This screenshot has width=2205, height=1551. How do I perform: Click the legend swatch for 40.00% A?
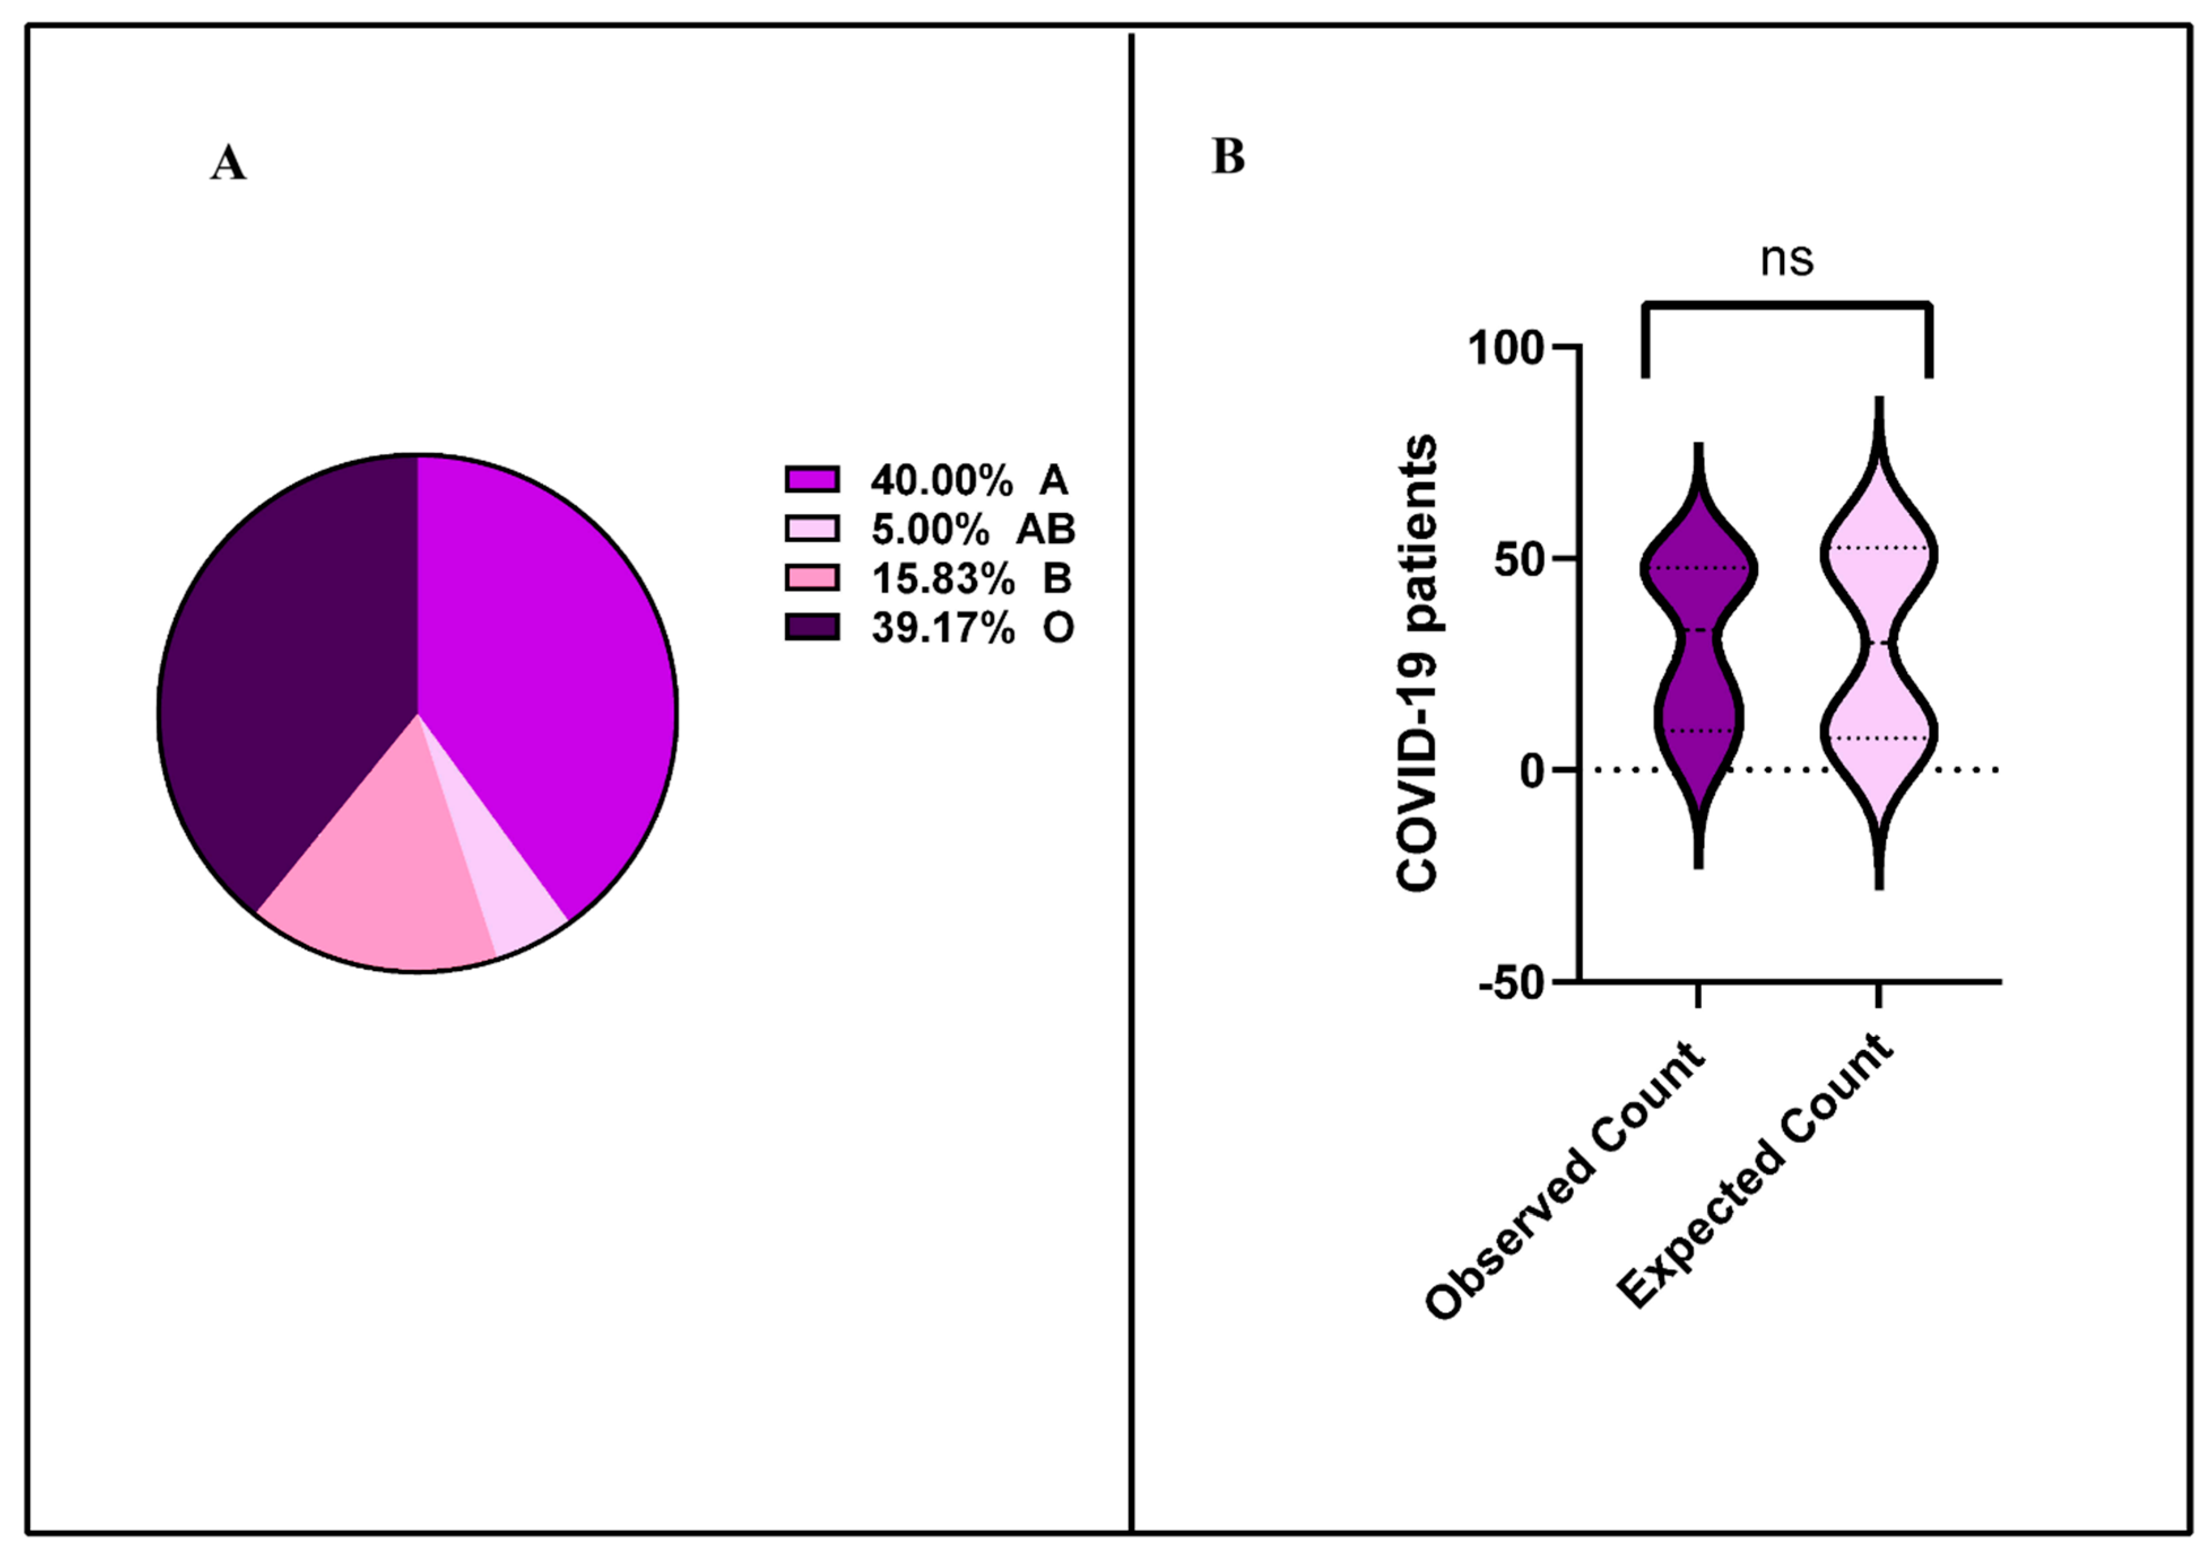pos(811,478)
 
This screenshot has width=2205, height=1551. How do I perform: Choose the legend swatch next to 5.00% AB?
pos(811,528)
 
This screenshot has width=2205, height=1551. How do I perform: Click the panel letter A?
pos(229,163)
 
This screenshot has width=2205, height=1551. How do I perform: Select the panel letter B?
pos(1228,156)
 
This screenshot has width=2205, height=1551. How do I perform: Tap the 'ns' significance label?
pos(1786,259)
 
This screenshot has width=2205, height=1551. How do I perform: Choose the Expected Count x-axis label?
pos(1758,1171)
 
